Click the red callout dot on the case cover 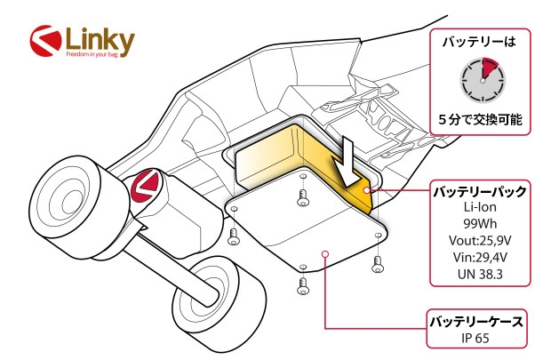(x=326, y=253)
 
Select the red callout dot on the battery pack (x=369, y=190)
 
